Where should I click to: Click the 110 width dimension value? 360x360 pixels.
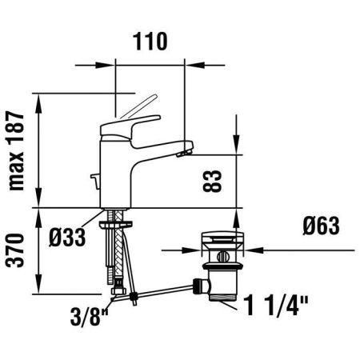click(x=150, y=42)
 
